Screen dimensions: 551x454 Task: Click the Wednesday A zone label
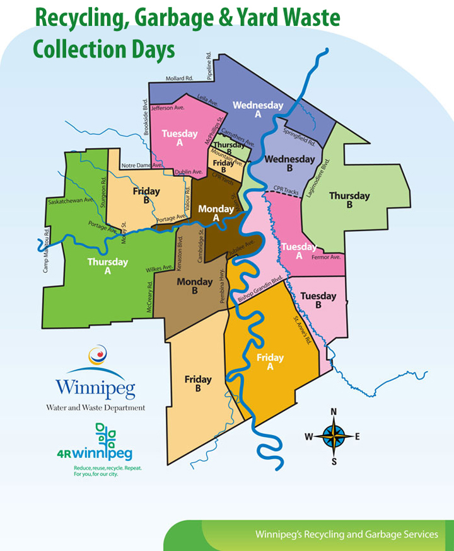click(x=258, y=110)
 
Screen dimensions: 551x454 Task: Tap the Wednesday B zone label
click(x=289, y=164)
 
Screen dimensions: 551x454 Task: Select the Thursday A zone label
click(x=107, y=266)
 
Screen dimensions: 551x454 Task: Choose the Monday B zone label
click(x=195, y=286)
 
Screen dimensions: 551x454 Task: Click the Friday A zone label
click(x=270, y=362)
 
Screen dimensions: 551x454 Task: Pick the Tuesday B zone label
click(x=318, y=300)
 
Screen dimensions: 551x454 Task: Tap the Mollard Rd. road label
click(x=178, y=79)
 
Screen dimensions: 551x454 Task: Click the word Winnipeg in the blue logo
click(x=95, y=387)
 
